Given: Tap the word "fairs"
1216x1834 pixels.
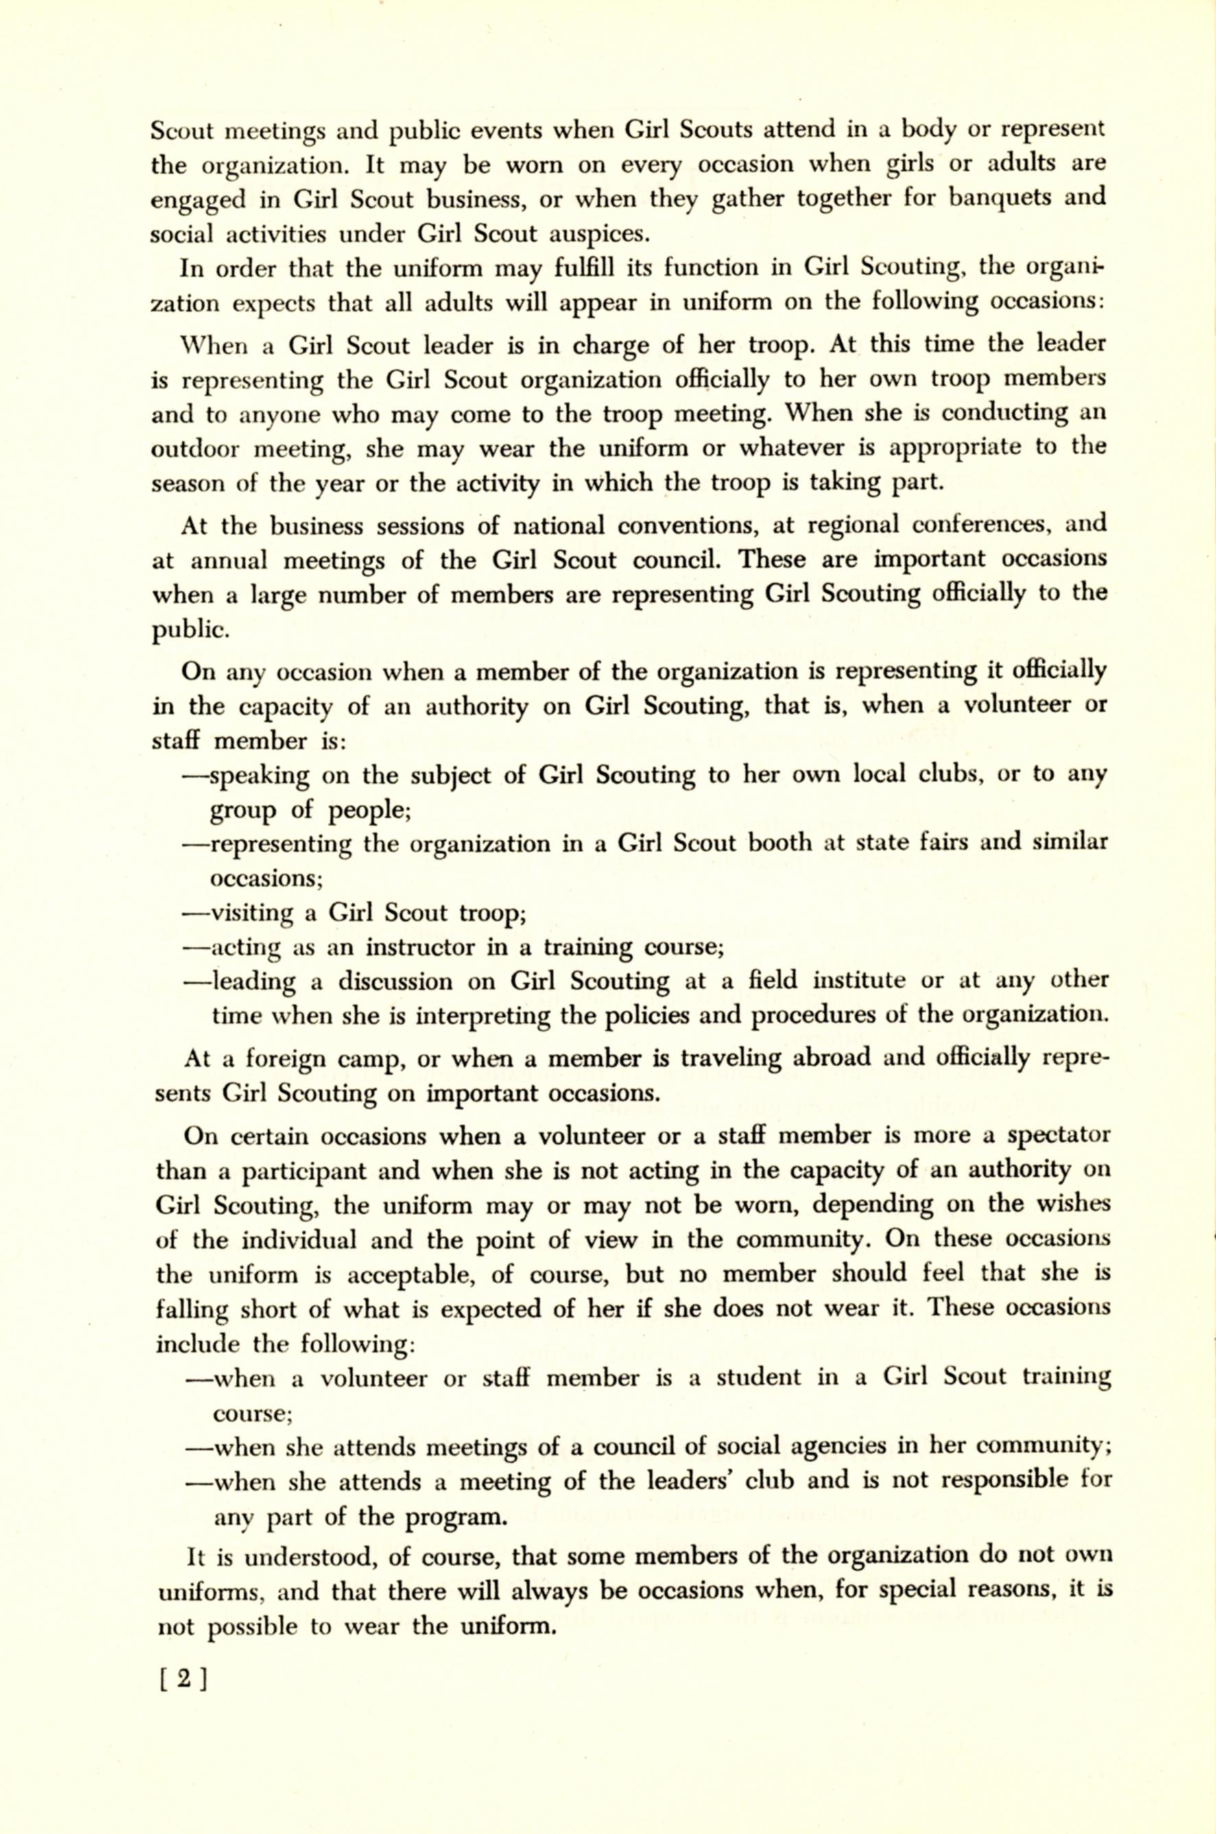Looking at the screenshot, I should point(936,843).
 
